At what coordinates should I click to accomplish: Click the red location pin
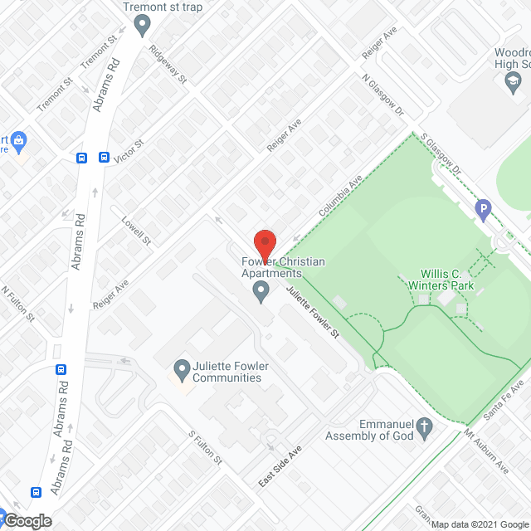point(264,242)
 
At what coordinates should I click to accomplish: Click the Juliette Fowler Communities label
point(227,372)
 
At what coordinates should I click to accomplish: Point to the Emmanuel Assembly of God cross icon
point(425,427)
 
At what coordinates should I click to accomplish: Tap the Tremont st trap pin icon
point(143,27)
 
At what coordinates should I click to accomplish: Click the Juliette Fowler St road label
point(314,312)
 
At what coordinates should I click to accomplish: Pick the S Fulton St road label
point(206,447)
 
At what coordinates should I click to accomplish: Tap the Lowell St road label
point(137,231)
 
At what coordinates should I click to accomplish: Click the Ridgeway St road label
point(168,66)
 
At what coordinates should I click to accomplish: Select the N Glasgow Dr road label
point(382,96)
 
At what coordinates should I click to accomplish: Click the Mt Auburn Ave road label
point(486,451)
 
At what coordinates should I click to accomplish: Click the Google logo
point(27,520)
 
